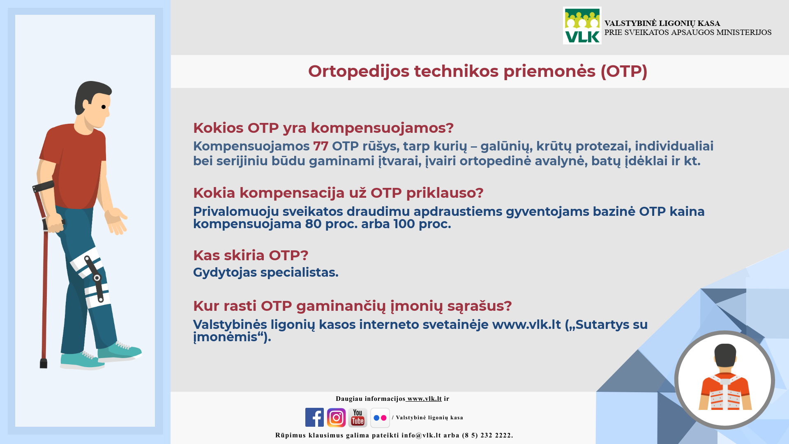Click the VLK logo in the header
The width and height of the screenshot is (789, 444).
coord(582,25)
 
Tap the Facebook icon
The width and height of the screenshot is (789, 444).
coord(314,417)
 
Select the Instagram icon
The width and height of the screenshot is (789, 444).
coord(336,417)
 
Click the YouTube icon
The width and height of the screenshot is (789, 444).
coord(358,417)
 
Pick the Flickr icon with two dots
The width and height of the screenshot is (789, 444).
coord(380,418)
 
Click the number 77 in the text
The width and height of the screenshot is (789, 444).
coord(321,146)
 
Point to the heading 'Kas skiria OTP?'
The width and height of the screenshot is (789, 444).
coord(251,255)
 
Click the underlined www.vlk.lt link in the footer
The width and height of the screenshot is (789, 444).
coord(424,398)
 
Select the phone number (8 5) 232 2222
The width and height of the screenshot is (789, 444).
coord(487,435)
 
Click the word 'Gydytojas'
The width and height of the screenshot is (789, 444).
coord(225,273)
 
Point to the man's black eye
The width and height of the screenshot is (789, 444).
coord(104,107)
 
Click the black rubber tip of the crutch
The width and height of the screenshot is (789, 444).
coord(44,363)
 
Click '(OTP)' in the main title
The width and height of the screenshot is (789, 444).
coord(624,71)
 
